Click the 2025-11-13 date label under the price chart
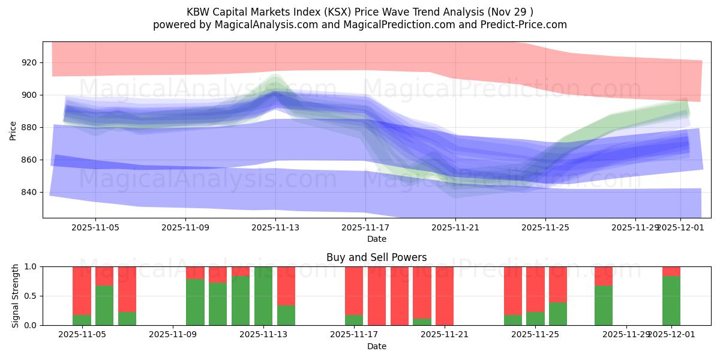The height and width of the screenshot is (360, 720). pos(275,227)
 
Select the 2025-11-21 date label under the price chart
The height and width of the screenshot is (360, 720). pos(455,227)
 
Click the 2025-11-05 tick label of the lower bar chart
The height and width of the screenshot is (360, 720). pos(82,334)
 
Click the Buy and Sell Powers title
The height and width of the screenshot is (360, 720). pos(376,257)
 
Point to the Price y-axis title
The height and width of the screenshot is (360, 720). pos(13,130)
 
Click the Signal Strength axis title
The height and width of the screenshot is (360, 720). pos(16,296)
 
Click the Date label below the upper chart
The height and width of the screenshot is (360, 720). pos(376,239)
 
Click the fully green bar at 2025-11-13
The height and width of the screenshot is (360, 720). pos(263,296)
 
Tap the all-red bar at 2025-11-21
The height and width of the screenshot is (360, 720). pos(445,296)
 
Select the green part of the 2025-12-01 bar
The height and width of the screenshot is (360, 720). pos(671,301)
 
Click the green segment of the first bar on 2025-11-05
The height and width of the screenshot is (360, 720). pos(82,320)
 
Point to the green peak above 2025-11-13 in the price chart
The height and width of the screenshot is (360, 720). pos(276,80)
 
